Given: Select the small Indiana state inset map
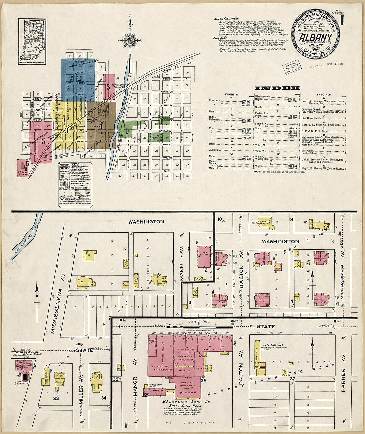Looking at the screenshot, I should [x=32, y=41].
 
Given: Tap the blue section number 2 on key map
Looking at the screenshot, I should [x=79, y=78].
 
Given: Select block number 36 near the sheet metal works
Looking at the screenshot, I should [x=203, y=381].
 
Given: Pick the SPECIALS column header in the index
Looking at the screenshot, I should [x=324, y=95].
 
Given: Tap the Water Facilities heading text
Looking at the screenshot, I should [x=226, y=19].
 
